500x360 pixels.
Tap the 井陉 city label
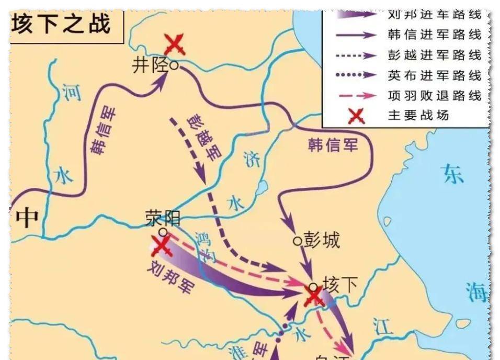pos(151,66)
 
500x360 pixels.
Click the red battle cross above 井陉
pos(174,44)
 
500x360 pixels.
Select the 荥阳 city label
pos(163,218)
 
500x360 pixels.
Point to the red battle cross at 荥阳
pos(161,246)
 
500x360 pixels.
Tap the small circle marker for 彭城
pos(297,241)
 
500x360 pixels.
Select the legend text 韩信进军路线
pos(434,35)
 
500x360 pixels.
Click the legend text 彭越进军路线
pos(434,55)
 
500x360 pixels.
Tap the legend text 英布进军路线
pos(434,75)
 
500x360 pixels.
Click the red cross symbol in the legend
pos(357,115)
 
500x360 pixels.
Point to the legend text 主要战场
pos(418,115)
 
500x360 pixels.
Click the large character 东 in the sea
pos(452,174)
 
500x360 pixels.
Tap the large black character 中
pos(26,217)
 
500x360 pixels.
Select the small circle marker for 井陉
pos(174,66)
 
